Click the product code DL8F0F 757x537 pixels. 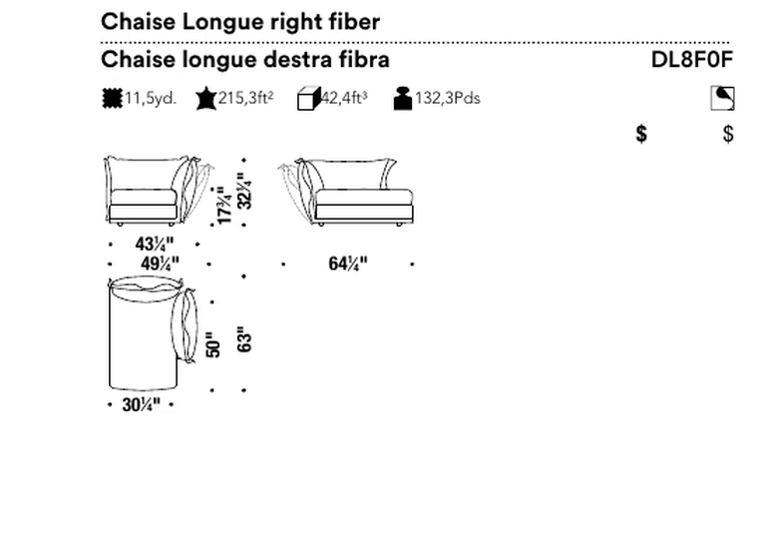tap(692, 60)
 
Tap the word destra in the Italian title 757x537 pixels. tap(300, 60)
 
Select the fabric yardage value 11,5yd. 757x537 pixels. tap(151, 98)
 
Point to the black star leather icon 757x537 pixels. tap(206, 98)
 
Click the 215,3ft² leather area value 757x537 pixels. tap(245, 98)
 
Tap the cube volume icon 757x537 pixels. tap(309, 99)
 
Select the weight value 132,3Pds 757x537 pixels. tap(448, 98)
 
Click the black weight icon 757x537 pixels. tap(403, 99)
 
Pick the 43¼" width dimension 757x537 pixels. tap(154, 245)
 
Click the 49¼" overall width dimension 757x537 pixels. tap(160, 265)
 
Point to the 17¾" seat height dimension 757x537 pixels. tap(224, 206)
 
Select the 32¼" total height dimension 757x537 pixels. tap(244, 191)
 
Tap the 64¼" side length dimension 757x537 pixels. tap(348, 264)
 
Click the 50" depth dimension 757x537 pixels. tap(212, 344)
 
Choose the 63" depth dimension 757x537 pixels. tap(244, 338)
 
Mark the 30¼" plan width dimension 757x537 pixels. tap(141, 405)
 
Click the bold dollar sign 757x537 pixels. tap(641, 134)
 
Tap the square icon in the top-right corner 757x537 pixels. tap(722, 98)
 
